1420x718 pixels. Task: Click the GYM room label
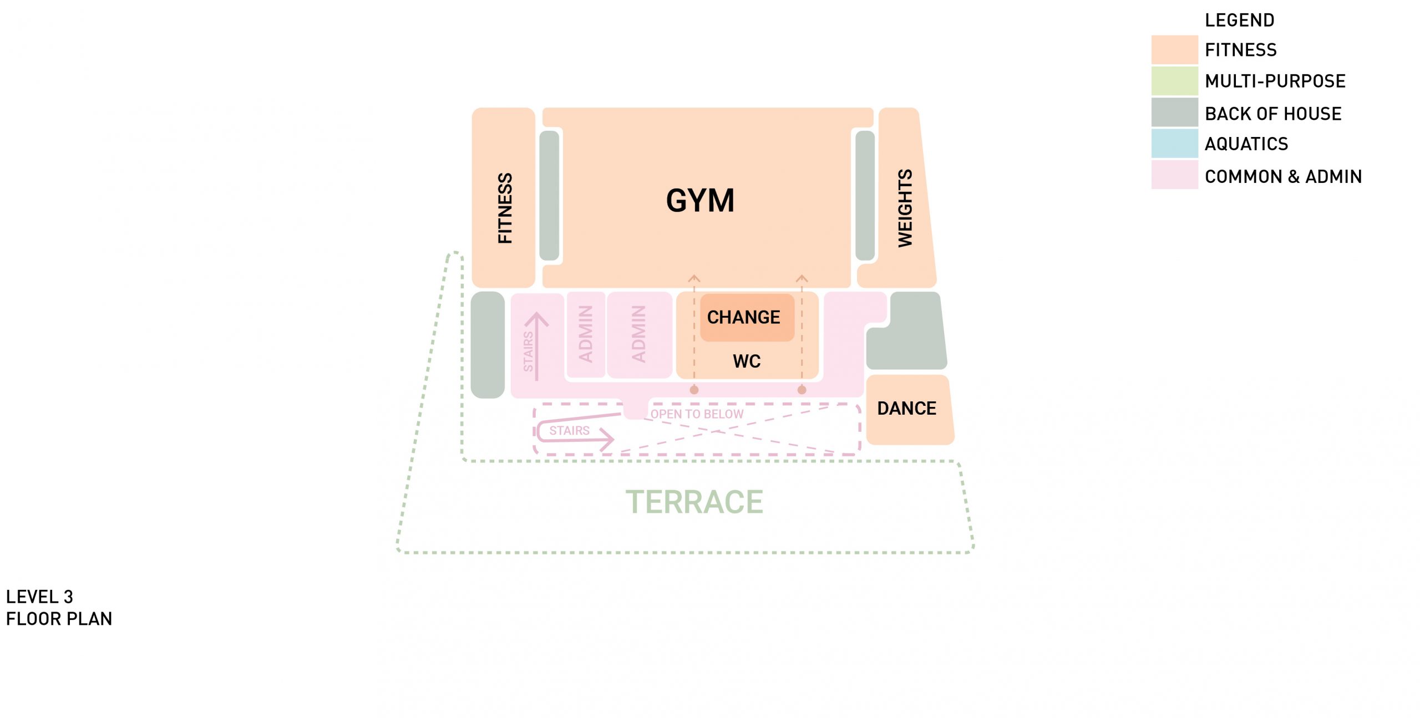click(x=700, y=201)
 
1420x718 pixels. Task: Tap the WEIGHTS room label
click(x=905, y=208)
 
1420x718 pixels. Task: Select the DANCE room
click(x=907, y=409)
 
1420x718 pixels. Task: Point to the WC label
click(x=747, y=361)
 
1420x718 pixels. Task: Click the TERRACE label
click(x=694, y=502)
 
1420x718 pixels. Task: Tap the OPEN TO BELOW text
click(x=697, y=414)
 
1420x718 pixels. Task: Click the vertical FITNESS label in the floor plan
click(x=505, y=208)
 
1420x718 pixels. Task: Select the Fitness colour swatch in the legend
click(x=1174, y=50)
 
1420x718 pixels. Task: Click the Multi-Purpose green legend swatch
click(x=1174, y=81)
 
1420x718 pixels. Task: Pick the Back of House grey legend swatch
click(x=1174, y=113)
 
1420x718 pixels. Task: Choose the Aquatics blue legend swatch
click(x=1174, y=144)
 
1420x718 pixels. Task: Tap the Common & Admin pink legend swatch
click(x=1174, y=175)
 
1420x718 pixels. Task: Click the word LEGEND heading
click(x=1239, y=21)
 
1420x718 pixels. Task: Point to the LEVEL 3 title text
click(x=39, y=597)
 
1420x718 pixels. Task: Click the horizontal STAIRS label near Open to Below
click(x=569, y=431)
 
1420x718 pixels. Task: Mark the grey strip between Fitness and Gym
click(x=549, y=195)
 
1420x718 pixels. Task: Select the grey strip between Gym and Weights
click(x=865, y=195)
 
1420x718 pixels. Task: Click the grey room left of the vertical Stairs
click(x=488, y=345)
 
